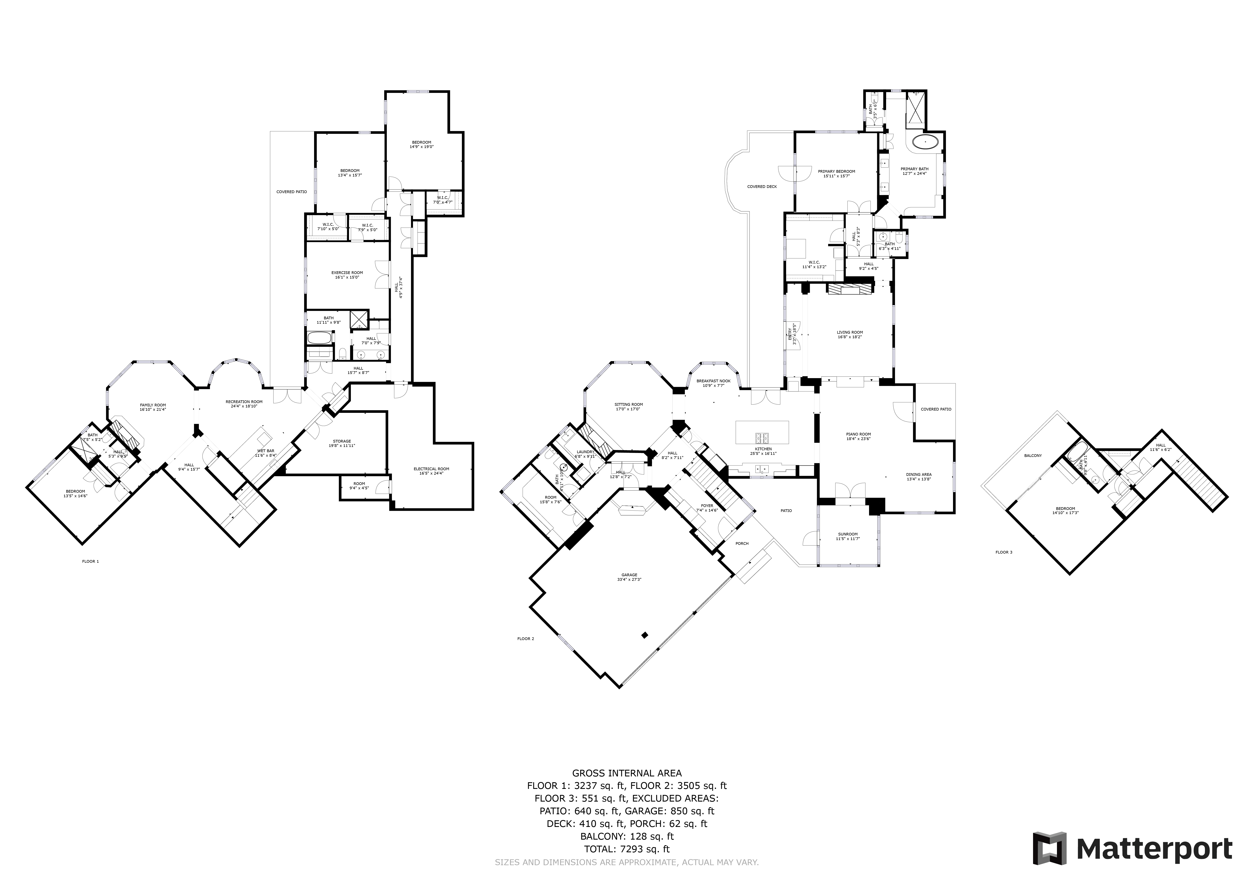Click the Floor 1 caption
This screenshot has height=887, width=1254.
(90, 561)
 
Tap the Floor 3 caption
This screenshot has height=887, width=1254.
(1003, 552)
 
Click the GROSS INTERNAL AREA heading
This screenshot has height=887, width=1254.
(626, 773)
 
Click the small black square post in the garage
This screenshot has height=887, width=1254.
(645, 635)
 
